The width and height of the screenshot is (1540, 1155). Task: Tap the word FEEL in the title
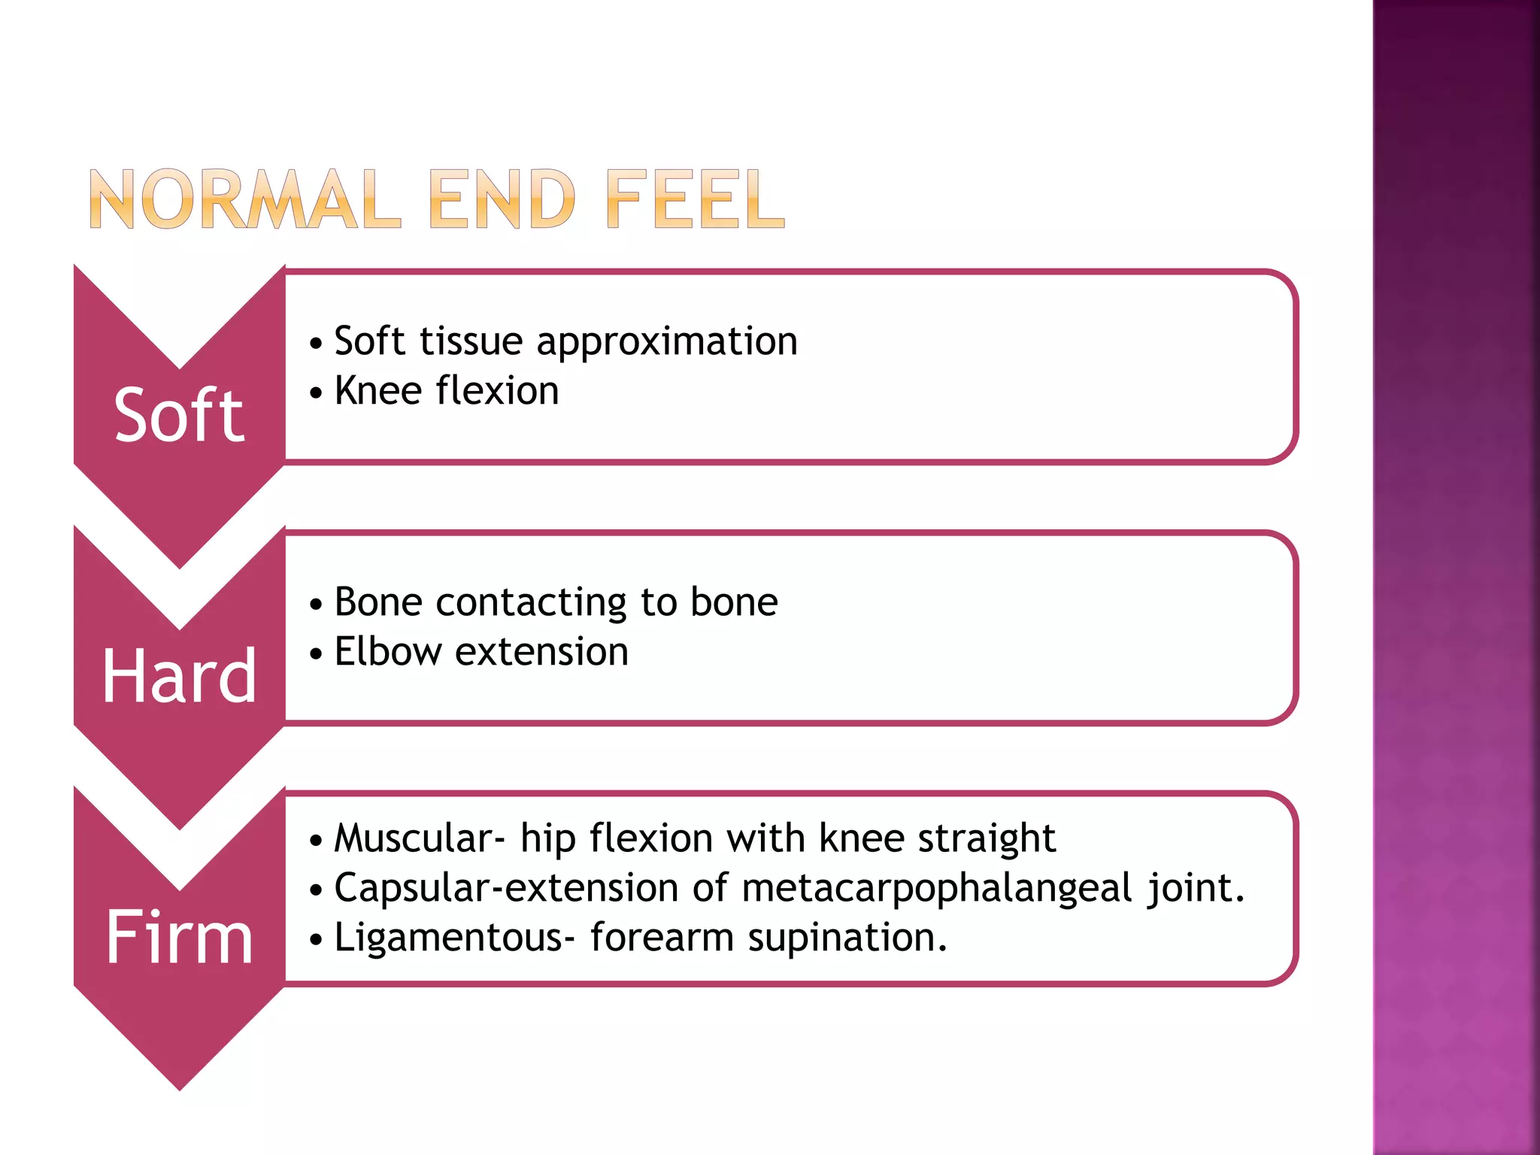[x=695, y=199]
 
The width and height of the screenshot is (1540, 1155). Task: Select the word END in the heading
[x=502, y=199]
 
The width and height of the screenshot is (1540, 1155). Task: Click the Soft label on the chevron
[x=179, y=414]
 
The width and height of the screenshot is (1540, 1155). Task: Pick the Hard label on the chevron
[x=179, y=676]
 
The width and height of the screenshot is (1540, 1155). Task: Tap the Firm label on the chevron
[x=179, y=937]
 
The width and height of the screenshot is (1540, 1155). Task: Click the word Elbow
[x=388, y=651]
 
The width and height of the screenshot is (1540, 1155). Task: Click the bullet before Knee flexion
[x=317, y=393]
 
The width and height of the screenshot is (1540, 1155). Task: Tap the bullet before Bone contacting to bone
[x=317, y=605]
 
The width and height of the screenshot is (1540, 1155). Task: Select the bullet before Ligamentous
[x=317, y=940]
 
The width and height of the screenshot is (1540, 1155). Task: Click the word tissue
[x=471, y=341]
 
